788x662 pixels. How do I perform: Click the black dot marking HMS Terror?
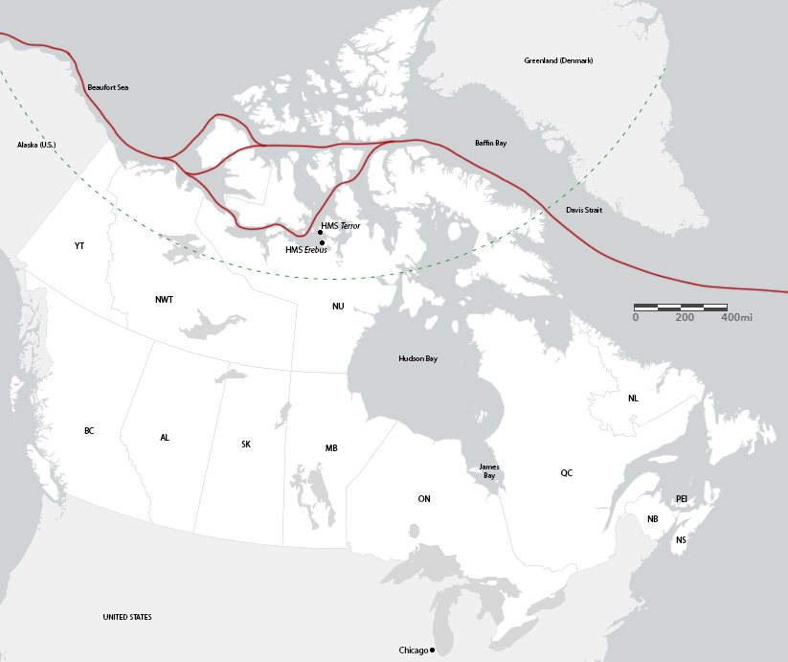320,233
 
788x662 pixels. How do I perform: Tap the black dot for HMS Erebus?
322,242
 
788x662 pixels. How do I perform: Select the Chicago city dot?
433,651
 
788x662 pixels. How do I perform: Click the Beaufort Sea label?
107,87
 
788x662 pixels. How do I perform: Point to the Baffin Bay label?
490,143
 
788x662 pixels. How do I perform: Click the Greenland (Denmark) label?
558,60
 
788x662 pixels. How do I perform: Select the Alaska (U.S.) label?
36,145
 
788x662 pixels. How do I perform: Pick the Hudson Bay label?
417,358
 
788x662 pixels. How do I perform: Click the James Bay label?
488,471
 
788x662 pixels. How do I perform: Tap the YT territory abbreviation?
79,246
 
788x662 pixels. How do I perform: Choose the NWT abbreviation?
164,300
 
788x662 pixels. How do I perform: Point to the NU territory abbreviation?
338,307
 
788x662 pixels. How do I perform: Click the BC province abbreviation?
89,431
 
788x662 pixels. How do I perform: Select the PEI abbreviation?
681,499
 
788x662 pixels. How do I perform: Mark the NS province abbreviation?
681,540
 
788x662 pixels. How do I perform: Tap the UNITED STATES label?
127,617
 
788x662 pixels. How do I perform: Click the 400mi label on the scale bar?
736,316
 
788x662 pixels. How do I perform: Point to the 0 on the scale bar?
636,316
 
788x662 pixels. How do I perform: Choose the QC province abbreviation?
567,473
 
